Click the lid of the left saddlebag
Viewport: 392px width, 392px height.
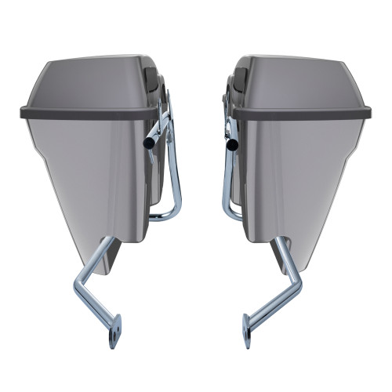86,82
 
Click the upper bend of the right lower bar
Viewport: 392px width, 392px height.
276,245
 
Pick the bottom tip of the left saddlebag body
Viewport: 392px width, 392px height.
98,270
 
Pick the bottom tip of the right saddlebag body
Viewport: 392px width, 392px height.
292,270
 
